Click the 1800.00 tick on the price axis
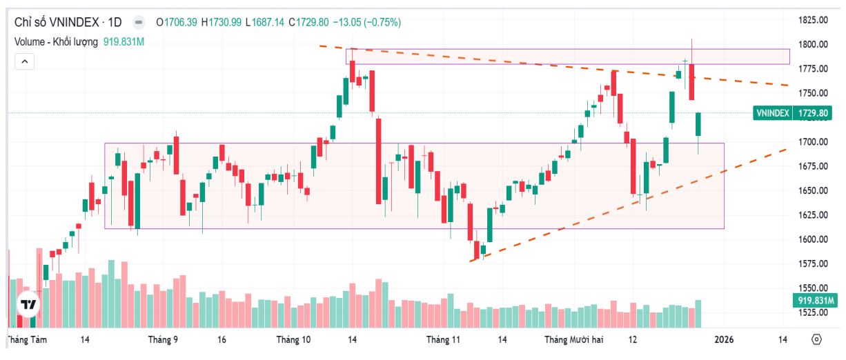[x=814, y=45]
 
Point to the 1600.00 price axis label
[x=814, y=239]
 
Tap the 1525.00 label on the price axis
[x=814, y=312]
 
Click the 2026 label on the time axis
[x=724, y=340]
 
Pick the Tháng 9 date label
[x=163, y=340]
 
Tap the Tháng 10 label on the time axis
[x=293, y=340]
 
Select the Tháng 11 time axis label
[x=443, y=340]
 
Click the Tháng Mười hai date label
[x=573, y=340]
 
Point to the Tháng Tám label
[x=26, y=340]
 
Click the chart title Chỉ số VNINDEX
[x=56, y=22]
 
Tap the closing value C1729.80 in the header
[x=309, y=22]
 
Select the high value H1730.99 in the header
[x=222, y=22]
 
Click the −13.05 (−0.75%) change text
[x=366, y=22]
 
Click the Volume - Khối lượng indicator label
[x=57, y=41]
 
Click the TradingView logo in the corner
[x=28, y=305]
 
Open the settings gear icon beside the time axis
[x=817, y=340]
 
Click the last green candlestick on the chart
[x=698, y=125]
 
